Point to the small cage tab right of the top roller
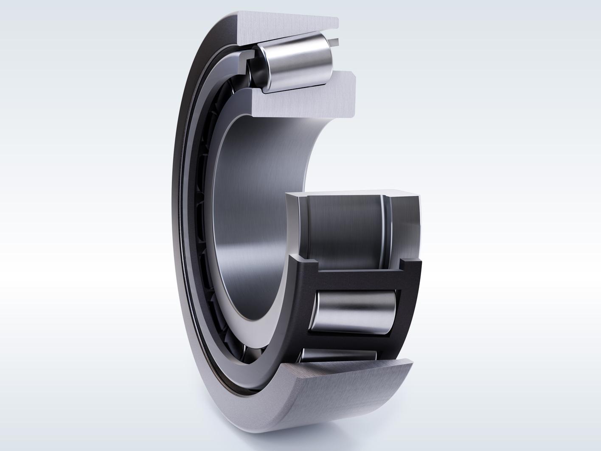pyautogui.click(x=336, y=41)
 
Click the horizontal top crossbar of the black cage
pyautogui.click(x=359, y=279)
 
